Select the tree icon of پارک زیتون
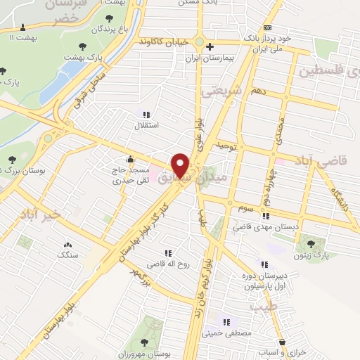(310, 243)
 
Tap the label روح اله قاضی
(165, 264)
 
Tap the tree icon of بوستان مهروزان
(143, 343)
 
